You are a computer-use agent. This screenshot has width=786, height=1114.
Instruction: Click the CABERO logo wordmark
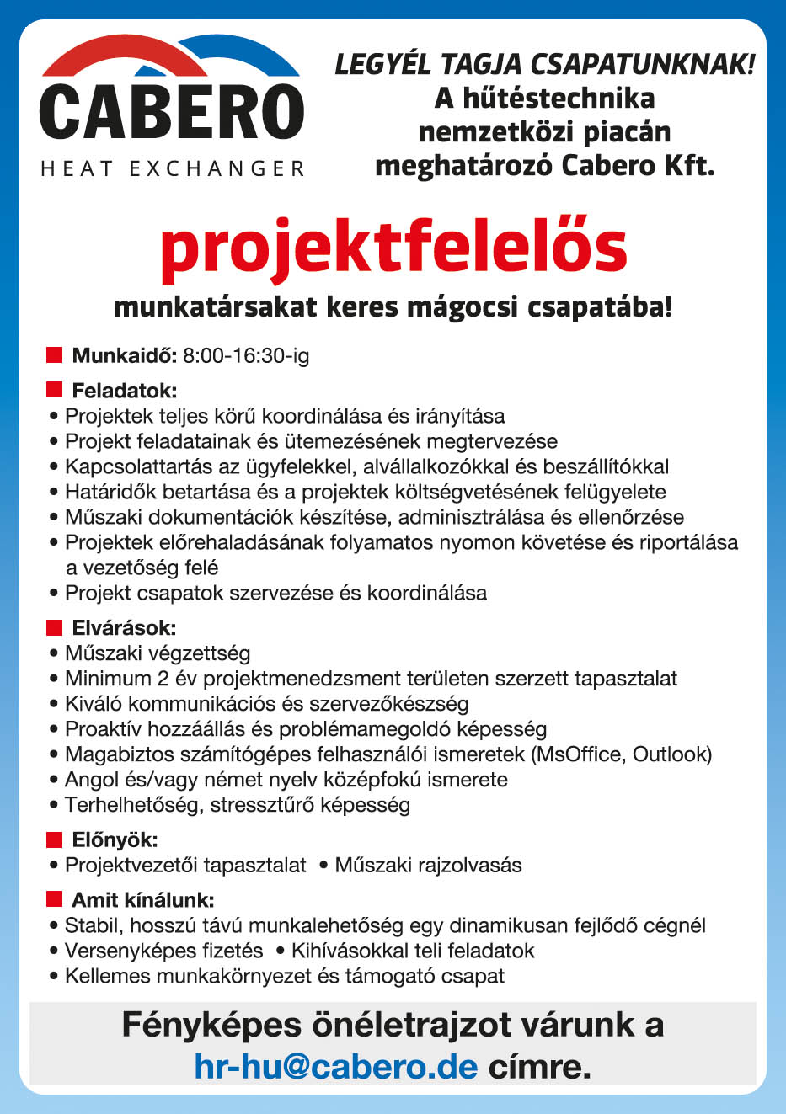(x=171, y=111)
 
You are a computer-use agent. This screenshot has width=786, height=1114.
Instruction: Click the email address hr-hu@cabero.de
(x=336, y=1067)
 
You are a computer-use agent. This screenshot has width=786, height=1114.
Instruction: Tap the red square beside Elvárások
(x=55, y=626)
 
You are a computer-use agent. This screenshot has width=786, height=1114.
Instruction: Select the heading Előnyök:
(x=115, y=839)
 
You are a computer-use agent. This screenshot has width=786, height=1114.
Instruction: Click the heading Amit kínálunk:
(x=142, y=900)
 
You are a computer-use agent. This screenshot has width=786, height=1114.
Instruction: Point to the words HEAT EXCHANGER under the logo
(x=173, y=169)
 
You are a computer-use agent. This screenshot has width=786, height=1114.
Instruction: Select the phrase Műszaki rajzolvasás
(x=428, y=866)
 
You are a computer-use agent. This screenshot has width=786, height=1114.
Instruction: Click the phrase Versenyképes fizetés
(x=164, y=951)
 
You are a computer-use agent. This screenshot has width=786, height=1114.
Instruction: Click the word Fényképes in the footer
(x=211, y=1026)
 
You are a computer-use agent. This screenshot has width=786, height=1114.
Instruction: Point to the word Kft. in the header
(x=687, y=165)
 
